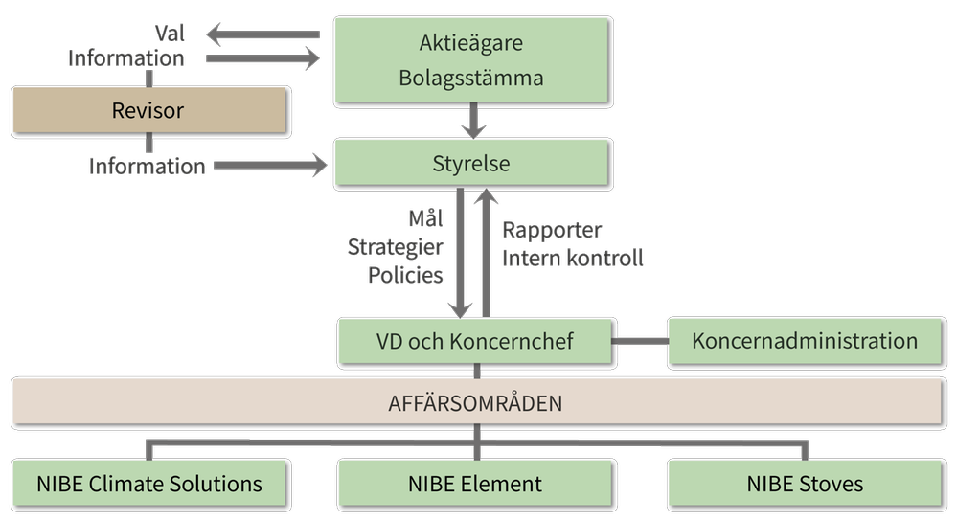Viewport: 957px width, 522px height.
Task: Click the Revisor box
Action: [149, 111]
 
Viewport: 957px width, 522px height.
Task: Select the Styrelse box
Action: [471, 164]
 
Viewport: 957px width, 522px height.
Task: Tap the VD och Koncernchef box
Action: [475, 341]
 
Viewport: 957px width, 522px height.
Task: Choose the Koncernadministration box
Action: [805, 341]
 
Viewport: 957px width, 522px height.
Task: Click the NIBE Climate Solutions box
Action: [149, 484]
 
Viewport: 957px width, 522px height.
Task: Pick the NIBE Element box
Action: [475, 484]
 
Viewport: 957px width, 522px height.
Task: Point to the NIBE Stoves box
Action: [805, 484]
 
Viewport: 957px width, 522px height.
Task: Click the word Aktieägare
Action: [471, 43]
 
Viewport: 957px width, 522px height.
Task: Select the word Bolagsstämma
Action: [471, 79]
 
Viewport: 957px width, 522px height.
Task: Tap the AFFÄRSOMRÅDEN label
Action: [475, 403]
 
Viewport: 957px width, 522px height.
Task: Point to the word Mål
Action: [425, 219]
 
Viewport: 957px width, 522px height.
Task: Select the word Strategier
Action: [395, 247]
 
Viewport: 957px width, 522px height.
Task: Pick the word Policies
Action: [405, 275]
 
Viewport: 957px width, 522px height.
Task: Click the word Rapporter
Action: [552, 231]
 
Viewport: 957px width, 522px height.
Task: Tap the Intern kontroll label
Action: [573, 258]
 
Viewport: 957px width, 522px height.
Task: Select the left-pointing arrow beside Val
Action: [262, 36]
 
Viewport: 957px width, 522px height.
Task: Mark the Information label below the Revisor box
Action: [148, 166]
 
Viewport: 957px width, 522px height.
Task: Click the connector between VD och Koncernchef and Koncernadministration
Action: [639, 341]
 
